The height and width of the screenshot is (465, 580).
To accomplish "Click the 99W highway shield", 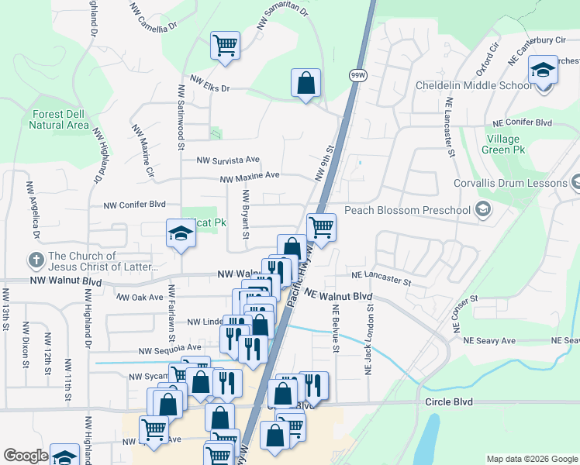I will click(357, 75).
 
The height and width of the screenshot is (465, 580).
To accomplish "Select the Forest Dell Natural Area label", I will click(60, 119).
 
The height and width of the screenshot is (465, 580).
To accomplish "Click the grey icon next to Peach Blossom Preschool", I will click(483, 209).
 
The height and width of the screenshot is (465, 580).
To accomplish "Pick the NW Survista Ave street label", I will click(227, 160).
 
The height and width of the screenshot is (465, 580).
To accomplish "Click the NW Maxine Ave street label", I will click(250, 177).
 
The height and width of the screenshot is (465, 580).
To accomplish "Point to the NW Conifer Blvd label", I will click(135, 205).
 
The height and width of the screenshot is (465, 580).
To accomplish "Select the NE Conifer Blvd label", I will click(523, 122).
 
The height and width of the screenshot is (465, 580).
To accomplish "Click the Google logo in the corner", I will click(26, 456).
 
